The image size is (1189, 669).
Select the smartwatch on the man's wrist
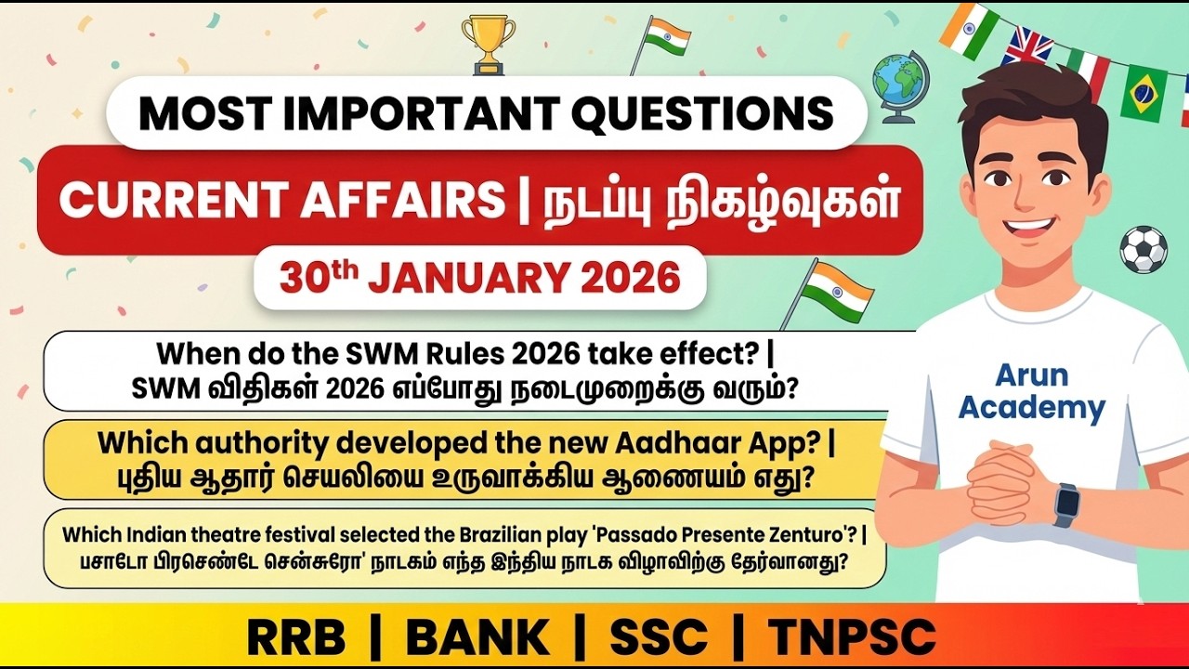point(1066,505)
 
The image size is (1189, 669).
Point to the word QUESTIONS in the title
point(702,113)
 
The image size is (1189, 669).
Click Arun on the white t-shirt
point(1031,375)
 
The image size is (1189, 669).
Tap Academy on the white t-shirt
point(1031,408)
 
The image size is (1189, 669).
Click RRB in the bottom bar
point(295,636)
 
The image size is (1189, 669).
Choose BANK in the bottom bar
point(477,636)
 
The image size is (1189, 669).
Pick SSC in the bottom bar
point(658,636)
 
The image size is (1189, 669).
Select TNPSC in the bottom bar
point(852,636)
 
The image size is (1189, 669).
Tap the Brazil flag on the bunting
point(1143,93)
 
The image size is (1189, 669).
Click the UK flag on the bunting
point(1026,46)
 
